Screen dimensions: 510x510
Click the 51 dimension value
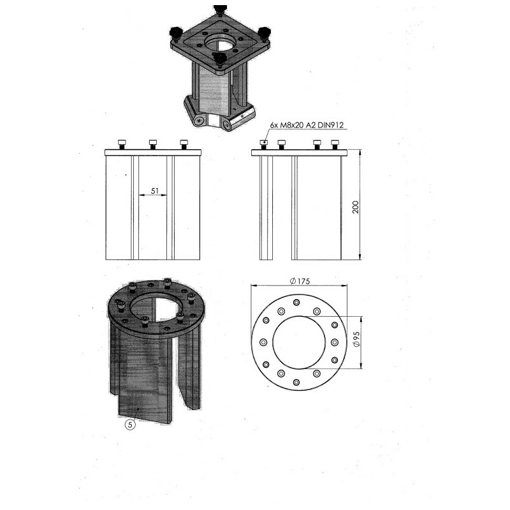[x=154, y=191]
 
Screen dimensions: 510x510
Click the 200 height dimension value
[x=356, y=207]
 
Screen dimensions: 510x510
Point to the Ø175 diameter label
[x=300, y=281]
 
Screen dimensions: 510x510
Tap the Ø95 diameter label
[x=356, y=339]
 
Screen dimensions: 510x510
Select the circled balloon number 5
[x=130, y=425]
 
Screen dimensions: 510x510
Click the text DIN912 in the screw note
[x=331, y=125]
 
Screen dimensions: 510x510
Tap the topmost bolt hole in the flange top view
[x=296, y=302]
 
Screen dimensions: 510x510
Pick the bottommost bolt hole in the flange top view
[x=296, y=382]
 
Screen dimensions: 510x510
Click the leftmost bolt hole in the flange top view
[x=263, y=342]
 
